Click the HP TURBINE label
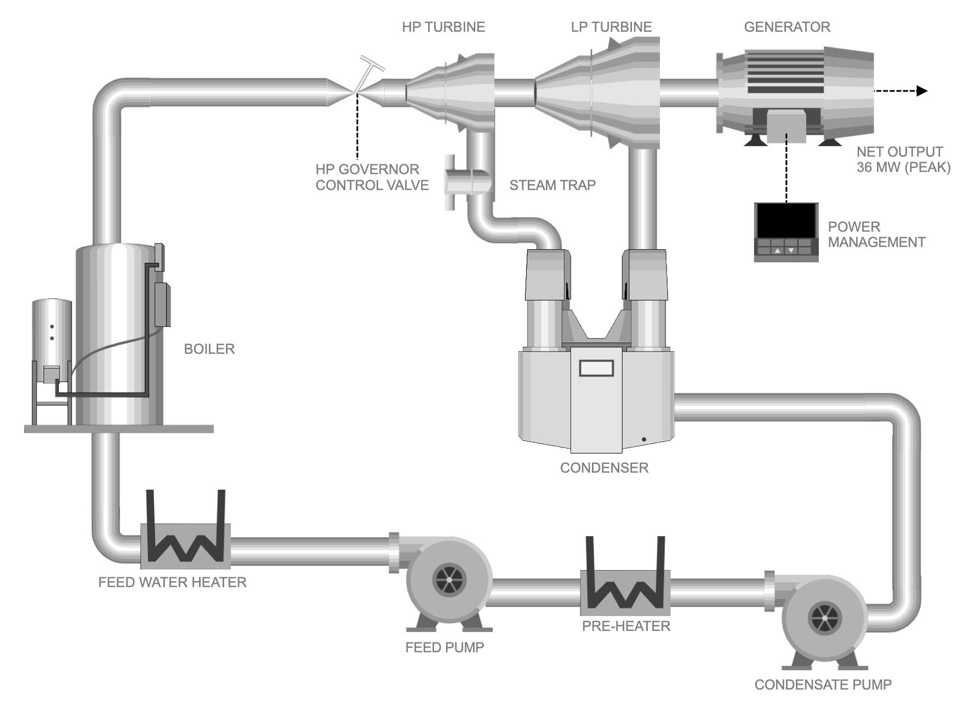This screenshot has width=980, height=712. pos(443,27)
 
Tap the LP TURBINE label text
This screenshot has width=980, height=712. pos(611,27)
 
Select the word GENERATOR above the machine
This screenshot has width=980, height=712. pos(787,27)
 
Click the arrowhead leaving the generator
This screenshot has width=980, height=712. pos(922,91)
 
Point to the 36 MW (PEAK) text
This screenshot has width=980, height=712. pos(903,168)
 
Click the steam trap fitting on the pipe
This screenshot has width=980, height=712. pos(467,181)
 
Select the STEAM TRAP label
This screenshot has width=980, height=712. pos(552,185)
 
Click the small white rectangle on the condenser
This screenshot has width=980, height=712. pos(596,368)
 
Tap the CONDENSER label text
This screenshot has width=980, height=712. pos(604,468)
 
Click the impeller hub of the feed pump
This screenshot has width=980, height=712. pos(448,580)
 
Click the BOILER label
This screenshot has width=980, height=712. pos(209,349)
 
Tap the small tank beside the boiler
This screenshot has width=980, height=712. pos(52,334)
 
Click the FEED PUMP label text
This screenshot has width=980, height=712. pos(445,647)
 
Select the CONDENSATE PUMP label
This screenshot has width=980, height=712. pos(823,685)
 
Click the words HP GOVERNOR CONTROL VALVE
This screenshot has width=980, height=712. pos(372,177)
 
